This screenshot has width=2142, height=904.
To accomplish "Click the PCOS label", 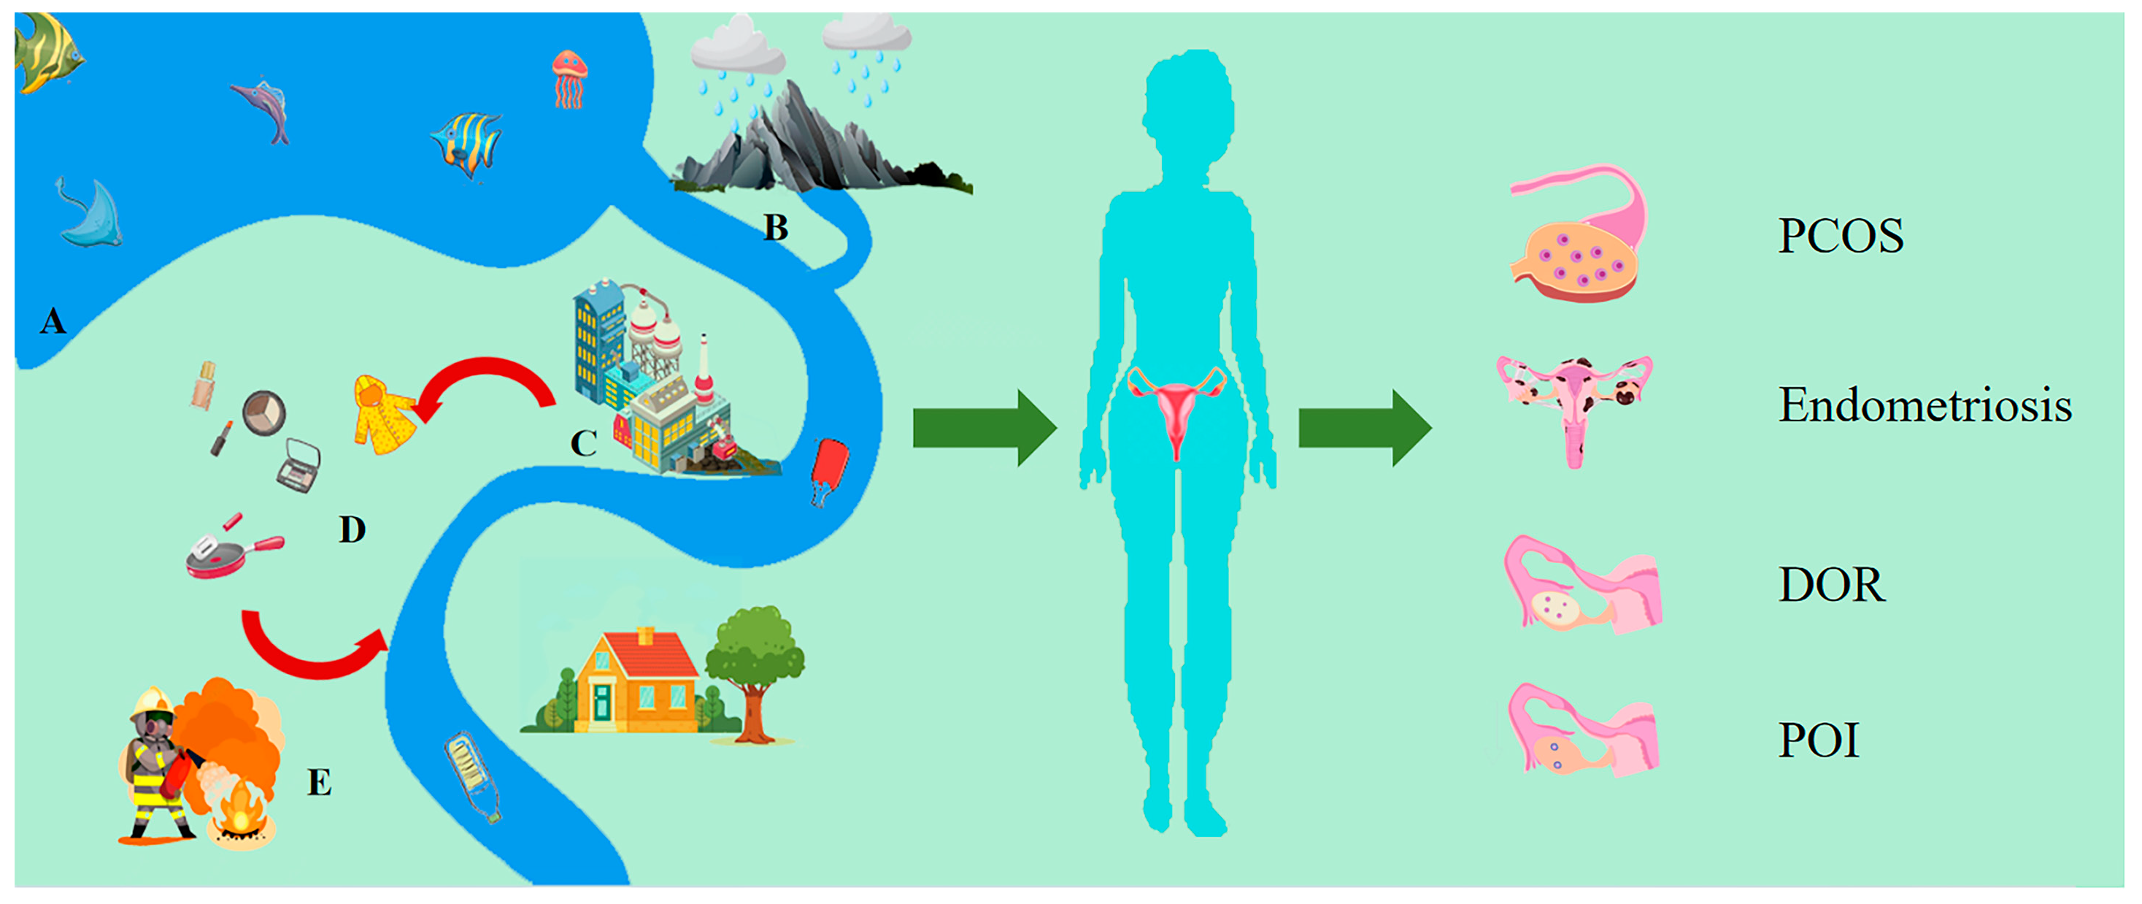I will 1840,235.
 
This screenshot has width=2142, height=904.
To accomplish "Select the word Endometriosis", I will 1924,405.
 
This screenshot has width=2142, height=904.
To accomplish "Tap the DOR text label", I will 1831,584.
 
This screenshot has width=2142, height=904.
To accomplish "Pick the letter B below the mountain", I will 775,228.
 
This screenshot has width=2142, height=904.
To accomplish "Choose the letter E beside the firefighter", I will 320,783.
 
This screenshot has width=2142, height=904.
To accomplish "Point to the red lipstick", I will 221,438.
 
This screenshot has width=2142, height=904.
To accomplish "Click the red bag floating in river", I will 829,470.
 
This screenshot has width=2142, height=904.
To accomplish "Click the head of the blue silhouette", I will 1187,108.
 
